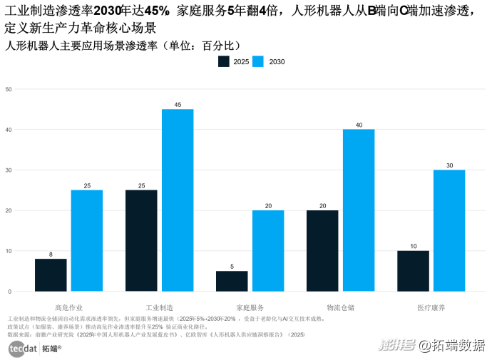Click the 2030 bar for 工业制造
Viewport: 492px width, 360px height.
pyautogui.click(x=178, y=200)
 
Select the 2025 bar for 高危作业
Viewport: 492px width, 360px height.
pyautogui.click(x=51, y=274)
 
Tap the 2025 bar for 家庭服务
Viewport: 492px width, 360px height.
pyautogui.click(x=232, y=281)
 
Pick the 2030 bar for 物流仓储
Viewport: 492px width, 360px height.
pyautogui.click(x=358, y=210)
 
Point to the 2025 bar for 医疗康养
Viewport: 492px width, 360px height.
pyautogui.click(x=413, y=271)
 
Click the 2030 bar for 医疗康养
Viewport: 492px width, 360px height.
pyautogui.click(x=449, y=230)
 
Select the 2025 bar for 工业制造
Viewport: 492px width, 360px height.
pyautogui.click(x=141, y=240)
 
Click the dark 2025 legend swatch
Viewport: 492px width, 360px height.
pyautogui.click(x=224, y=62)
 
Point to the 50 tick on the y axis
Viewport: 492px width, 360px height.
pyautogui.click(x=9, y=89)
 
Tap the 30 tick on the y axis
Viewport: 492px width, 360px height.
pyautogui.click(x=9, y=170)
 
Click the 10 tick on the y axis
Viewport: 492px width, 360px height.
pyautogui.click(x=9, y=251)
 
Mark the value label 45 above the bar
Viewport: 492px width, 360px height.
pyautogui.click(x=178, y=105)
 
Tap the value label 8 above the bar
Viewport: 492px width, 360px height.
pyautogui.click(x=51, y=254)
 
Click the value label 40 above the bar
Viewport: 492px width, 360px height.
pyautogui.click(x=358, y=125)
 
